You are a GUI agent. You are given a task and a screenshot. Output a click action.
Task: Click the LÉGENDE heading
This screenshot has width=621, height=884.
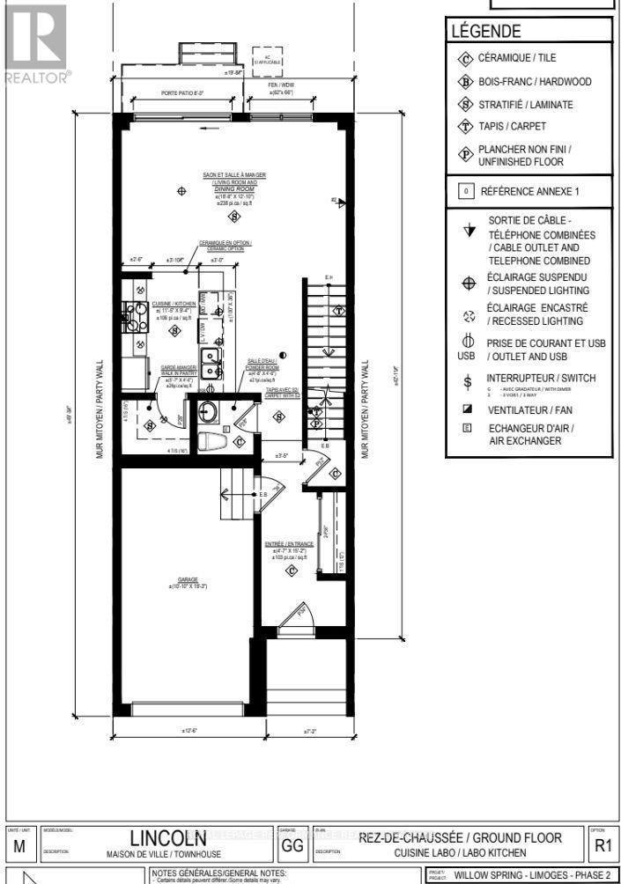pos(485,31)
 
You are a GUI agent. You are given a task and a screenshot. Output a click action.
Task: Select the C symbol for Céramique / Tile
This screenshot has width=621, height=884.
pos(465,59)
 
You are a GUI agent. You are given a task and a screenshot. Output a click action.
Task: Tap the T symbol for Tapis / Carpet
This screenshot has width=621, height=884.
pos(465,126)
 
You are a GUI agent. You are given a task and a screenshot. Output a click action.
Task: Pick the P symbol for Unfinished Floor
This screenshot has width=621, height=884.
pos(465,155)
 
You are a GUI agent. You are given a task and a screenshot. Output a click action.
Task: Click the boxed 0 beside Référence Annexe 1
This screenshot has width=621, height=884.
pos(464,190)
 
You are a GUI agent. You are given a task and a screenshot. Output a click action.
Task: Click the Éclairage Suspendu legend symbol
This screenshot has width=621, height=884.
pos(468,284)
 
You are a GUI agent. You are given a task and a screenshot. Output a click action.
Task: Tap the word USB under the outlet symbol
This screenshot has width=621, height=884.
pos(466,357)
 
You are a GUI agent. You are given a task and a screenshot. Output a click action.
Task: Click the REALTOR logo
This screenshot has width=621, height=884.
pos(35,44)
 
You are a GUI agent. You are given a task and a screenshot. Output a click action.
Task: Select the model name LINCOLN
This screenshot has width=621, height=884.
pos(170,837)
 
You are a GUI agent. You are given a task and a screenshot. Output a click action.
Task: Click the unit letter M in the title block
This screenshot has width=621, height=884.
pos(19,847)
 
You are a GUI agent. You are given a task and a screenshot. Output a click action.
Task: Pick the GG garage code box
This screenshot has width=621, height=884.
pos(291,847)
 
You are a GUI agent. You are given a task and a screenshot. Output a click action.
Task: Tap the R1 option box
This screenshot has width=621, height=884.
pos(602,846)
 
